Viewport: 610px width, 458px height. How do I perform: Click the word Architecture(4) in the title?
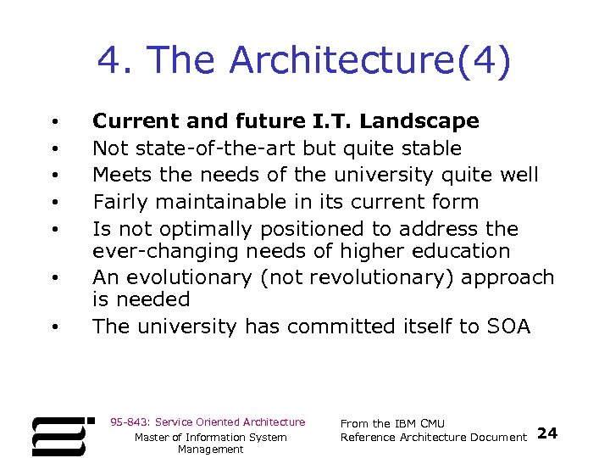[370, 62]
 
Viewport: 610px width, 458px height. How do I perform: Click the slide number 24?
[548, 433]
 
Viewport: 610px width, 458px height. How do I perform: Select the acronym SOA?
[507, 327]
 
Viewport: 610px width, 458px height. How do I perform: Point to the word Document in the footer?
[500, 437]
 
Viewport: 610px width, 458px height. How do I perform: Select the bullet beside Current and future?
[53, 121]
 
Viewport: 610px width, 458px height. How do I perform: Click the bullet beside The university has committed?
[53, 327]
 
